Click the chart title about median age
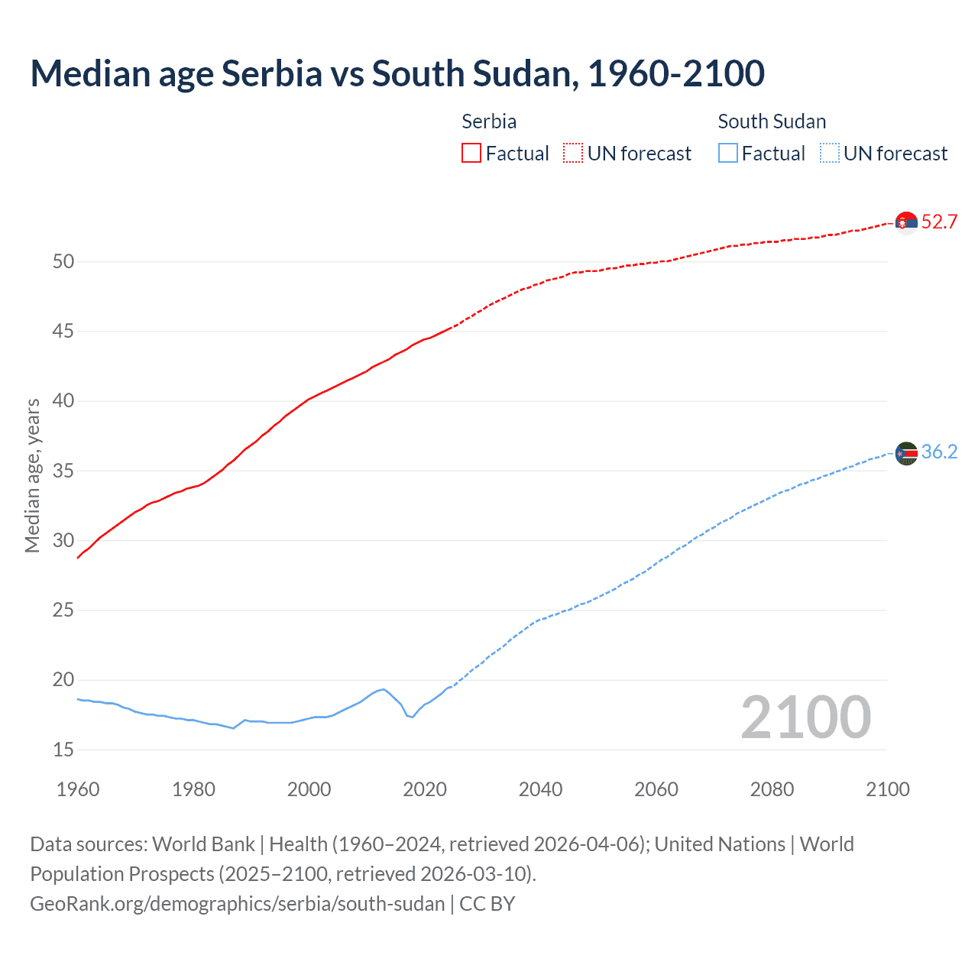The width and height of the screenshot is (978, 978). tap(397, 73)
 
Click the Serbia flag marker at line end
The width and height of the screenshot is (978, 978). tap(906, 222)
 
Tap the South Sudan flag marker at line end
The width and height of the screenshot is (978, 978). tap(906, 453)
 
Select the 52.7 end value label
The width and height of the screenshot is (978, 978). tap(939, 222)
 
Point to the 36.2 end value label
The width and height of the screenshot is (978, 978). tap(939, 452)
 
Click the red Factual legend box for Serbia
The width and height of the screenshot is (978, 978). tap(471, 154)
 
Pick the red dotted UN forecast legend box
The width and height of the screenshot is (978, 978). tap(573, 154)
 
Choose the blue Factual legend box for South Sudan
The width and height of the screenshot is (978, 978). tap(728, 154)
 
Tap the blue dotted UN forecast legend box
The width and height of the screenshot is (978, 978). tap(830, 154)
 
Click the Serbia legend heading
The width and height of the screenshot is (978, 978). tap(489, 121)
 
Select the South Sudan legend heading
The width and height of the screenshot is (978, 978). tap(772, 121)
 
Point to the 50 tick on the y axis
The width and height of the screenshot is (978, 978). tap(63, 262)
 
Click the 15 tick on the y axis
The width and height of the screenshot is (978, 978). tap(63, 750)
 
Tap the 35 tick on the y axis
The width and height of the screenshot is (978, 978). tap(63, 471)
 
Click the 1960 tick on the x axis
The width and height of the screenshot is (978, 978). tap(78, 789)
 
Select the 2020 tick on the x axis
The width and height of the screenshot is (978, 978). tap(425, 789)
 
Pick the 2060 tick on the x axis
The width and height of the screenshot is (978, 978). tap(656, 789)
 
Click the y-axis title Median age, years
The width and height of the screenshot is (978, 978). tap(32, 475)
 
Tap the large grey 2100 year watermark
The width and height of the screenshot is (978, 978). tap(806, 717)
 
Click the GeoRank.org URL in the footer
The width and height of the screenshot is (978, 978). tap(237, 904)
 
